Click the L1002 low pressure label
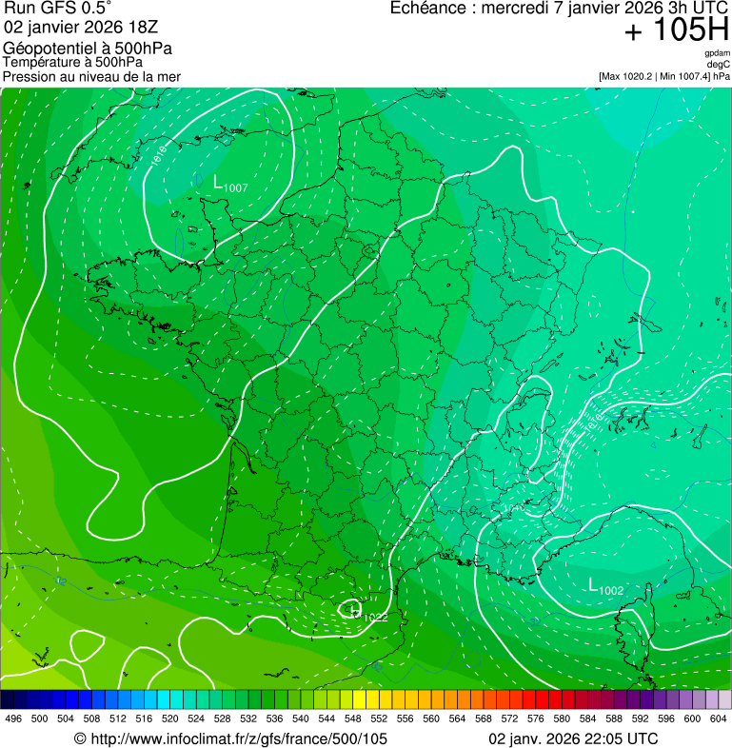pyautogui.click(x=605, y=587)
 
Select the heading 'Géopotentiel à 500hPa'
pyautogui.click(x=88, y=49)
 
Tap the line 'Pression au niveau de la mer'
pyautogui.click(x=91, y=76)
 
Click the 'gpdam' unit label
pyautogui.click(x=718, y=54)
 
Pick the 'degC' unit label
pyautogui.click(x=719, y=65)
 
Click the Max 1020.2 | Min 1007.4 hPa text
pyautogui.click(x=663, y=76)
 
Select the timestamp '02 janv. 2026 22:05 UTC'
pyautogui.click(x=572, y=738)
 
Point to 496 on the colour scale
pyautogui.click(x=13, y=718)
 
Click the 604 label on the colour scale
pyautogui.click(x=719, y=718)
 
